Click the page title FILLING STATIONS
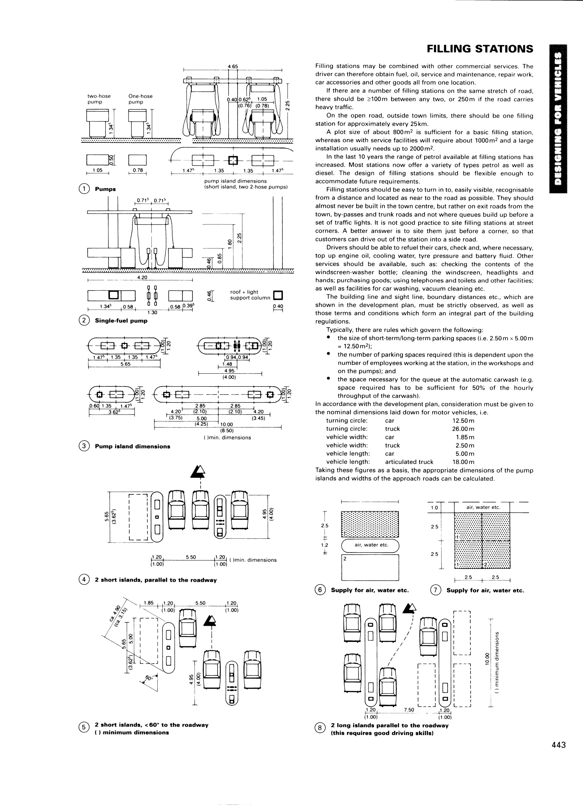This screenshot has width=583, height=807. pyautogui.click(x=480, y=49)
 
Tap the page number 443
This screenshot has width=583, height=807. pyautogui.click(x=558, y=745)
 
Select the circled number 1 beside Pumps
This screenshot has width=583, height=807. pyautogui.click(x=84, y=189)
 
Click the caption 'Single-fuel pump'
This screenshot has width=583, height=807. pyautogui.click(x=121, y=321)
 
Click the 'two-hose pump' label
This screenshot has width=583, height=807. pyautogui.click(x=99, y=99)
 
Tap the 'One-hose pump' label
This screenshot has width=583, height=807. pyautogui.click(x=140, y=99)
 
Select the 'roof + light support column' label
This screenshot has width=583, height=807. pyautogui.click(x=250, y=295)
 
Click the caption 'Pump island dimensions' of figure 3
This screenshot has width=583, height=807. pyautogui.click(x=132, y=446)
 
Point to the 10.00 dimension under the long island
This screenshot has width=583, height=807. pyautogui.click(x=227, y=424)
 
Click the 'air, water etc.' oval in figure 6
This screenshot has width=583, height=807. pyautogui.click(x=370, y=545)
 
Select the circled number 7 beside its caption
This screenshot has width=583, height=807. pyautogui.click(x=436, y=590)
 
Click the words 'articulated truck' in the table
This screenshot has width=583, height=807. pyautogui.click(x=409, y=462)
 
